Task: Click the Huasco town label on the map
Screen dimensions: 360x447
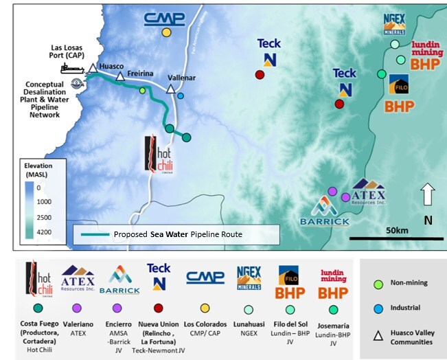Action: coord(111,66)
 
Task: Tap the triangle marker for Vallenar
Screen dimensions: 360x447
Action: coord(171,89)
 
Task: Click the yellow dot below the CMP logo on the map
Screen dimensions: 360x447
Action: coord(166,32)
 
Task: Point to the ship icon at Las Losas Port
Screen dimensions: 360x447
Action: coord(71,68)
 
